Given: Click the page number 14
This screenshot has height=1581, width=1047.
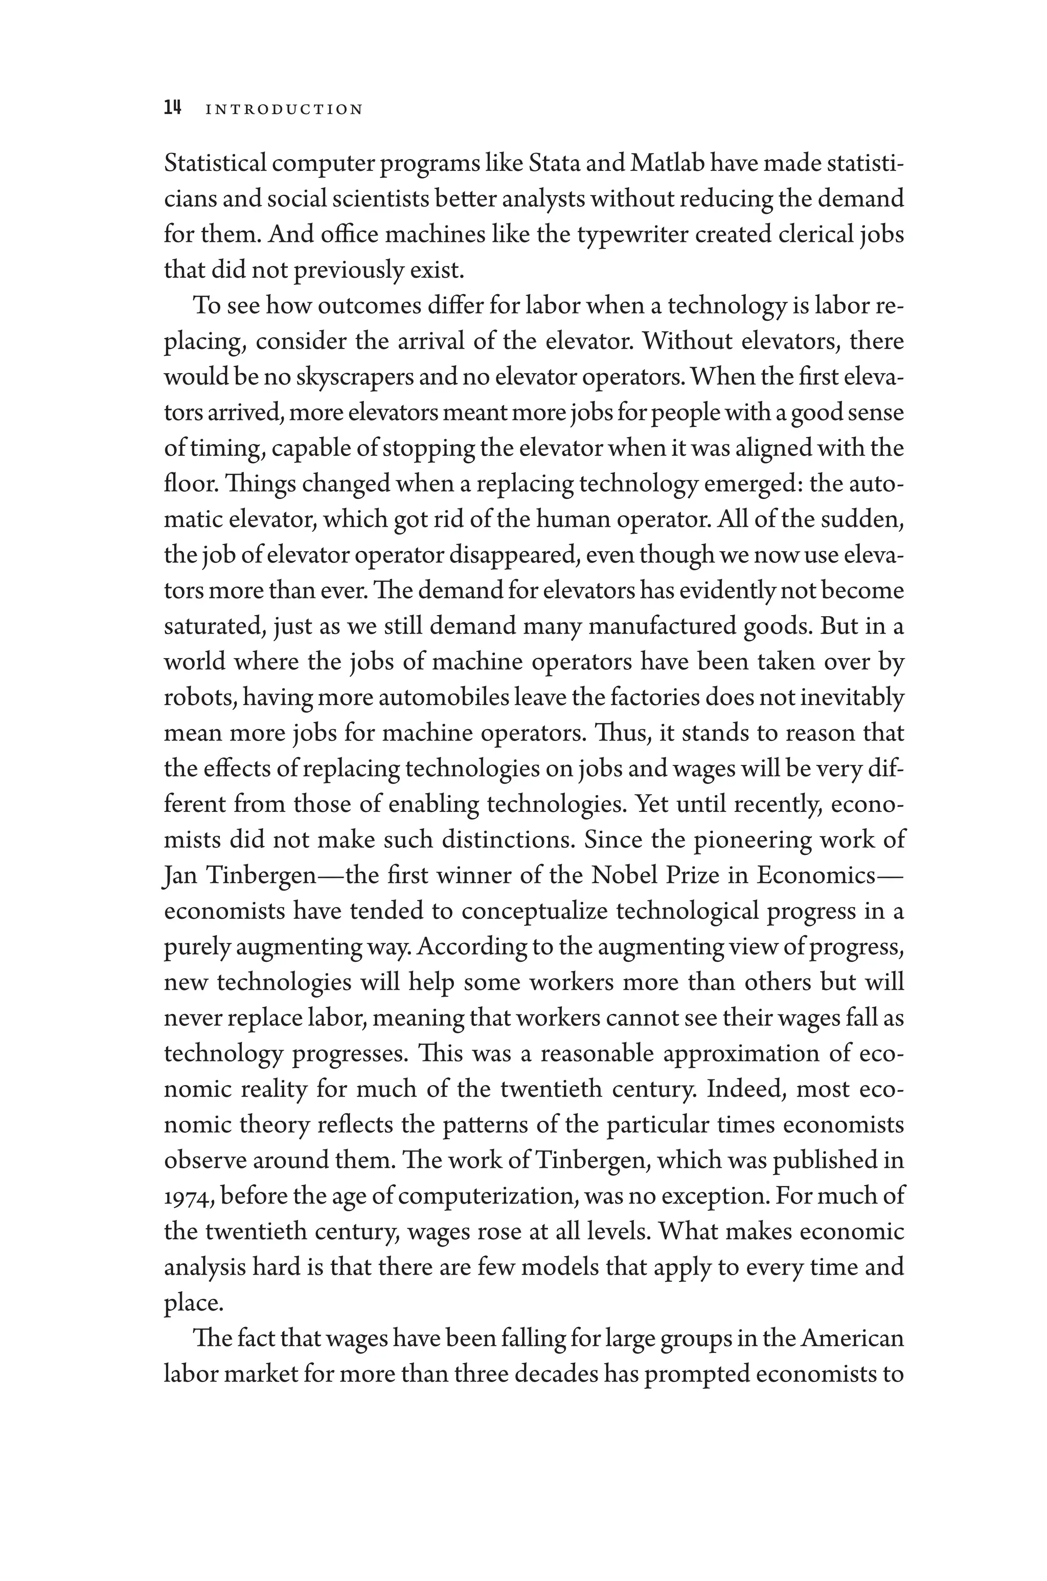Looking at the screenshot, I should [172, 108].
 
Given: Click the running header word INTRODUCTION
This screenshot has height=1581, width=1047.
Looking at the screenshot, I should [284, 109].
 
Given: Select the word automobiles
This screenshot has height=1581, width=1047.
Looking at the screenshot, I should [443, 698].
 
